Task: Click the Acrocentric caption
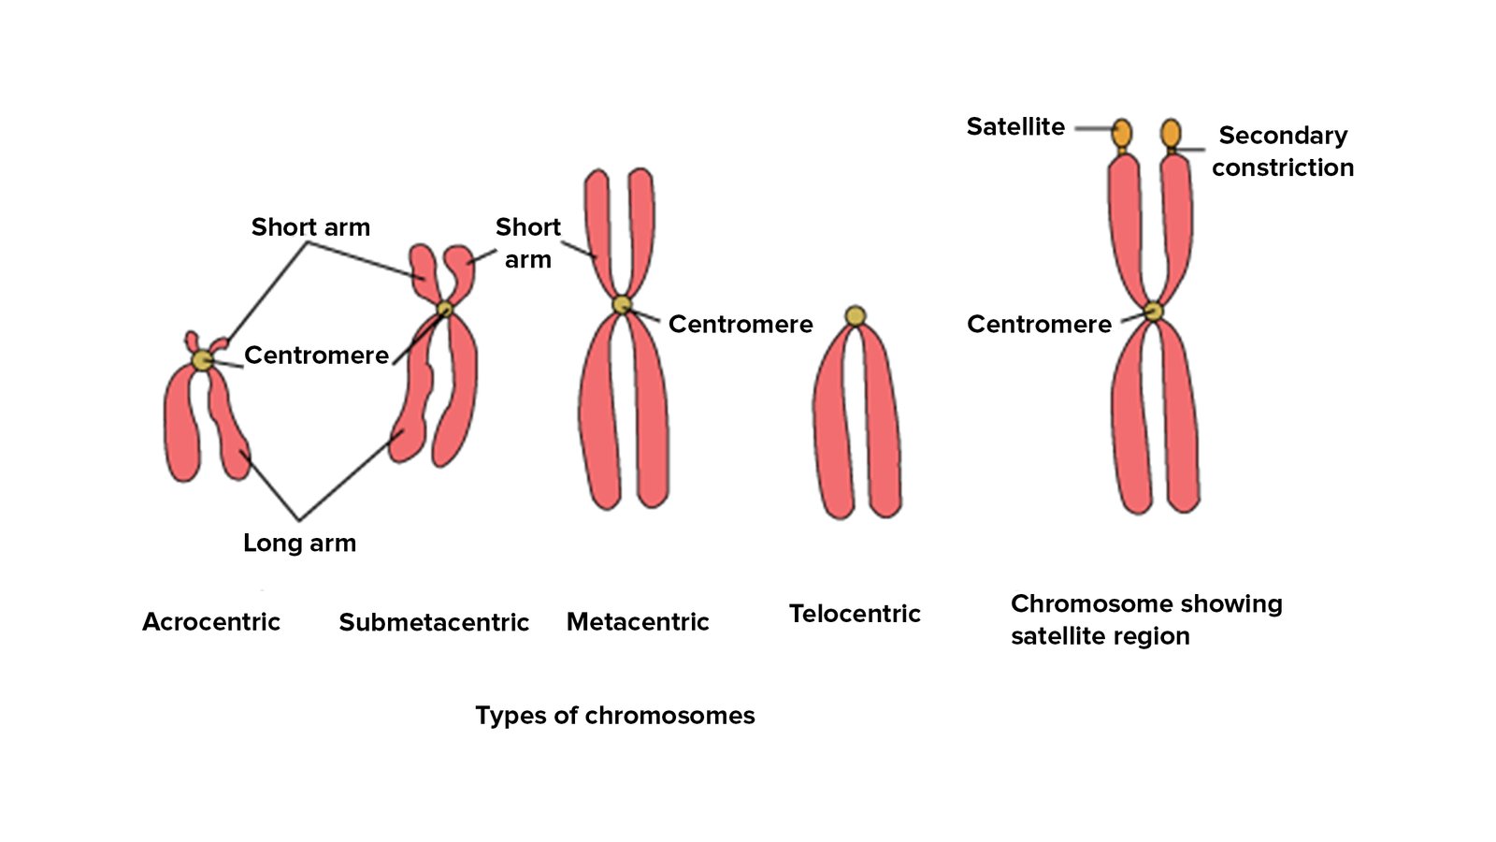pos(210,622)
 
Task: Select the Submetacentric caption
pos(434,623)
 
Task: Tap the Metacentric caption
pos(638,622)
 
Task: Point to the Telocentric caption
pos(855,615)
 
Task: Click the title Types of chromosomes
pos(614,716)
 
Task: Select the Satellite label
pos(1015,127)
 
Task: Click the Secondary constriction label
pos(1283,152)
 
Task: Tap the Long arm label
pos(299,544)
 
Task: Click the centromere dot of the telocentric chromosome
pos(855,316)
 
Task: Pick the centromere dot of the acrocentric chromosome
pos(202,360)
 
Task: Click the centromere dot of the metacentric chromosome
pos(622,305)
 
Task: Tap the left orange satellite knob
pos(1122,133)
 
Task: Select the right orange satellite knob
pos(1171,133)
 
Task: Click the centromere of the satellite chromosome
pos(1154,312)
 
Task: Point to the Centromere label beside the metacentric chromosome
pos(740,325)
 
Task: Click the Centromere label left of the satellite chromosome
pos(1039,325)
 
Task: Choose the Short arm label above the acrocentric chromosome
pos(310,227)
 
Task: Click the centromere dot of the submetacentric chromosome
pos(445,308)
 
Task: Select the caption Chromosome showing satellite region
pos(1145,619)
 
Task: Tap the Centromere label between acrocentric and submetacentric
pos(316,356)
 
